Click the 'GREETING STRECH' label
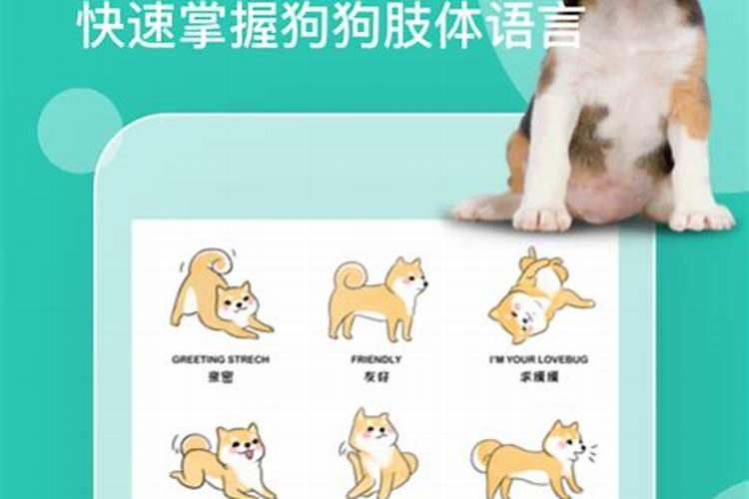pyautogui.click(x=220, y=358)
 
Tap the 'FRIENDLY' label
pyautogui.click(x=376, y=358)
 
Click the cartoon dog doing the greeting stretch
pyautogui.click(x=219, y=296)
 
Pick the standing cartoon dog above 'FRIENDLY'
pyautogui.click(x=376, y=297)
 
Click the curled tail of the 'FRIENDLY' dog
pyautogui.click(x=349, y=274)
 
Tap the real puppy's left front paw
pyautogui.click(x=541, y=215)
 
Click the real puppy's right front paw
pyautogui.click(x=700, y=216)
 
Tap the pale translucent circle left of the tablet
pyautogui.click(x=80, y=131)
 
